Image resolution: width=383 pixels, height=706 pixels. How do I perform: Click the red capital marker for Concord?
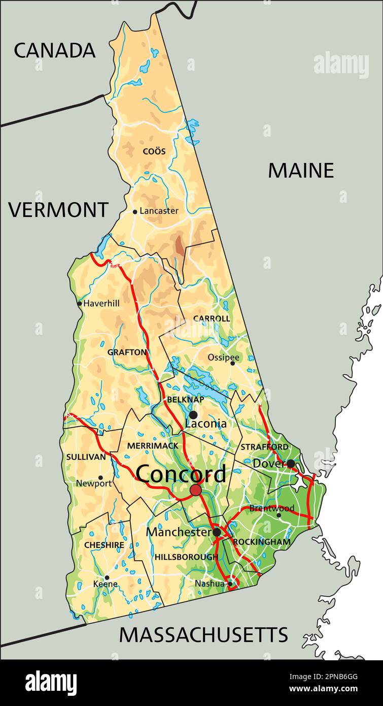(x=196, y=490)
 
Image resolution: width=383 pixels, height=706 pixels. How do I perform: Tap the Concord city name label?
(x=181, y=474)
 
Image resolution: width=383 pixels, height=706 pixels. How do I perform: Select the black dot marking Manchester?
(x=217, y=532)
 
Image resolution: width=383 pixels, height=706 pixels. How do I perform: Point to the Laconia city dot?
(x=193, y=415)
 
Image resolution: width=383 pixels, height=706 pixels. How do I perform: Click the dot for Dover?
(x=291, y=463)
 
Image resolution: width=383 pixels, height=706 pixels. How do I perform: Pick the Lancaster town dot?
(x=135, y=212)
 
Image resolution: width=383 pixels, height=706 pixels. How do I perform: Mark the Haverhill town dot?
(x=80, y=304)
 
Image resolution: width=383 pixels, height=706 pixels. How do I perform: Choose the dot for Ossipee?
(x=233, y=363)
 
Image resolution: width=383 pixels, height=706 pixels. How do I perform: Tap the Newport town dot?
(x=100, y=478)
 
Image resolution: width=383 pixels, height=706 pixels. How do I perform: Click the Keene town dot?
(x=107, y=577)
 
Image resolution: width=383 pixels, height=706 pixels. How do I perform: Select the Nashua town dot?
(x=230, y=584)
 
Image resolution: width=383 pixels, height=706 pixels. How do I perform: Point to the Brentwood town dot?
(x=278, y=515)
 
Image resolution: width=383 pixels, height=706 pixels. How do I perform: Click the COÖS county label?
(x=154, y=151)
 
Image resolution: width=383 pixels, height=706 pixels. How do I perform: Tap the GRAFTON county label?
(x=127, y=352)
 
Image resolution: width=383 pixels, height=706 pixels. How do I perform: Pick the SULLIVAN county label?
(x=86, y=457)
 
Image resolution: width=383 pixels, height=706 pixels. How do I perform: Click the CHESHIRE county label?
(x=104, y=545)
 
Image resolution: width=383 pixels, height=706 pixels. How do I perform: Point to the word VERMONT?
(x=58, y=210)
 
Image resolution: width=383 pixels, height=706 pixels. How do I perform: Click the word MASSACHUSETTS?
(x=203, y=635)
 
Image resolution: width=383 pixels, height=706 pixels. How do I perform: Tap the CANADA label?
(x=54, y=50)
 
